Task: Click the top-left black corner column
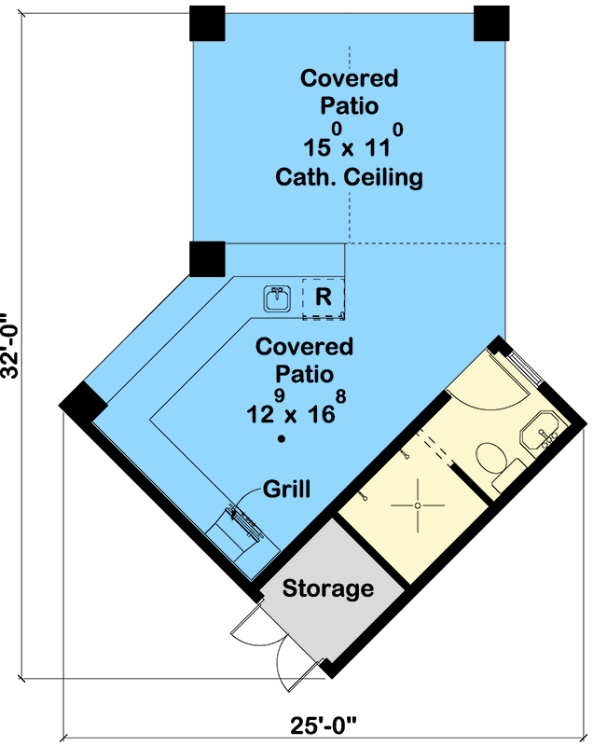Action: click(207, 22)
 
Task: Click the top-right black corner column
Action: click(491, 22)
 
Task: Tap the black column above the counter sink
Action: click(207, 259)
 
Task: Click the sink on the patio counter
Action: click(278, 298)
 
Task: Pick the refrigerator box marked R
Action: click(324, 298)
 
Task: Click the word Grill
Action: click(286, 489)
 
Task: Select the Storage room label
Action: click(328, 588)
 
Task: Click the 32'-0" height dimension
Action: click(11, 345)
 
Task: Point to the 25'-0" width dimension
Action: click(316, 725)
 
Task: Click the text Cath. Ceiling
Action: click(350, 176)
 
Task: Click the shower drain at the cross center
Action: click(418, 504)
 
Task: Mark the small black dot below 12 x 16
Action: click(281, 437)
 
